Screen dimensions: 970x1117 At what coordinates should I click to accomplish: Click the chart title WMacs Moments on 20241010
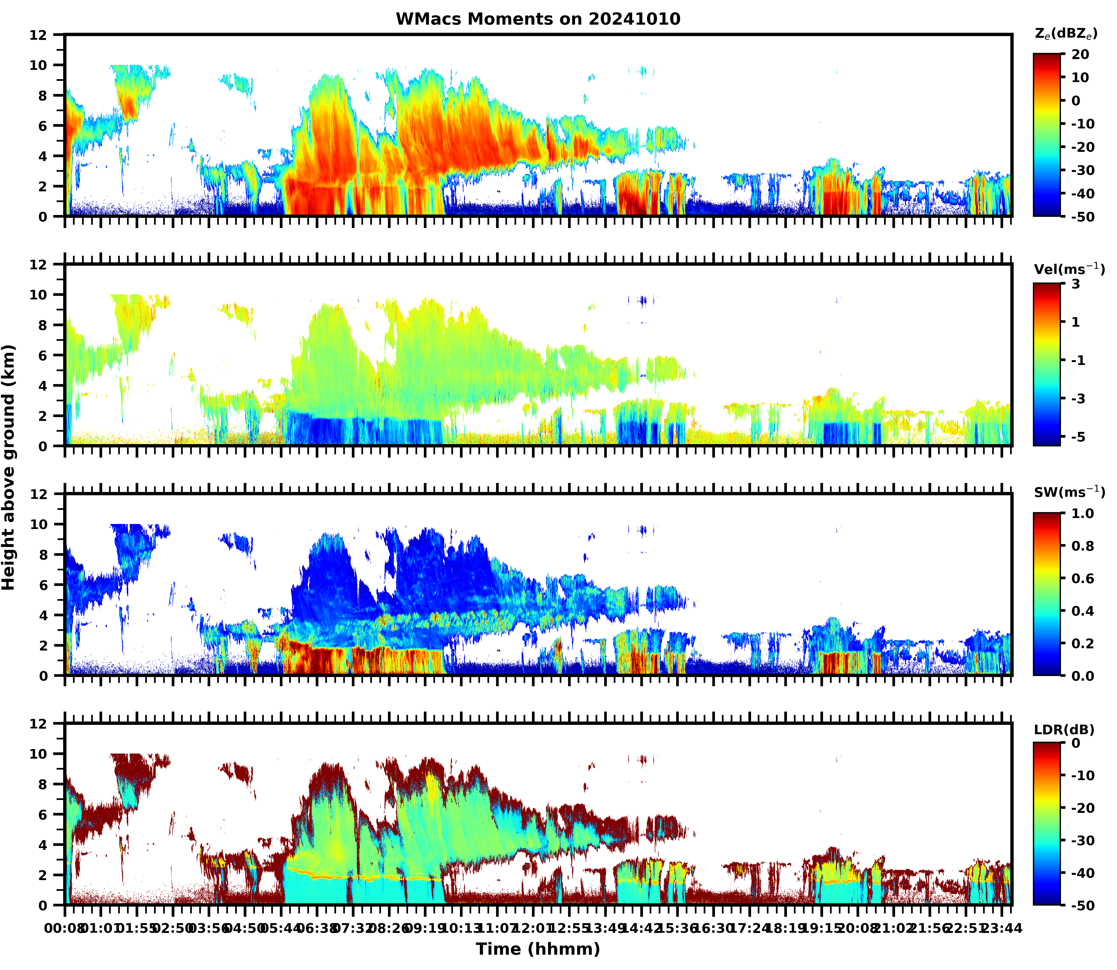pos(538,19)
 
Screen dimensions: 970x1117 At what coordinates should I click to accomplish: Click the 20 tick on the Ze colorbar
pos(1080,55)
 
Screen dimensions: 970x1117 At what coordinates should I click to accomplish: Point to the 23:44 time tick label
pos(1002,928)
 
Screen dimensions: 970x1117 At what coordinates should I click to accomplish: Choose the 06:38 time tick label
pos(317,928)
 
